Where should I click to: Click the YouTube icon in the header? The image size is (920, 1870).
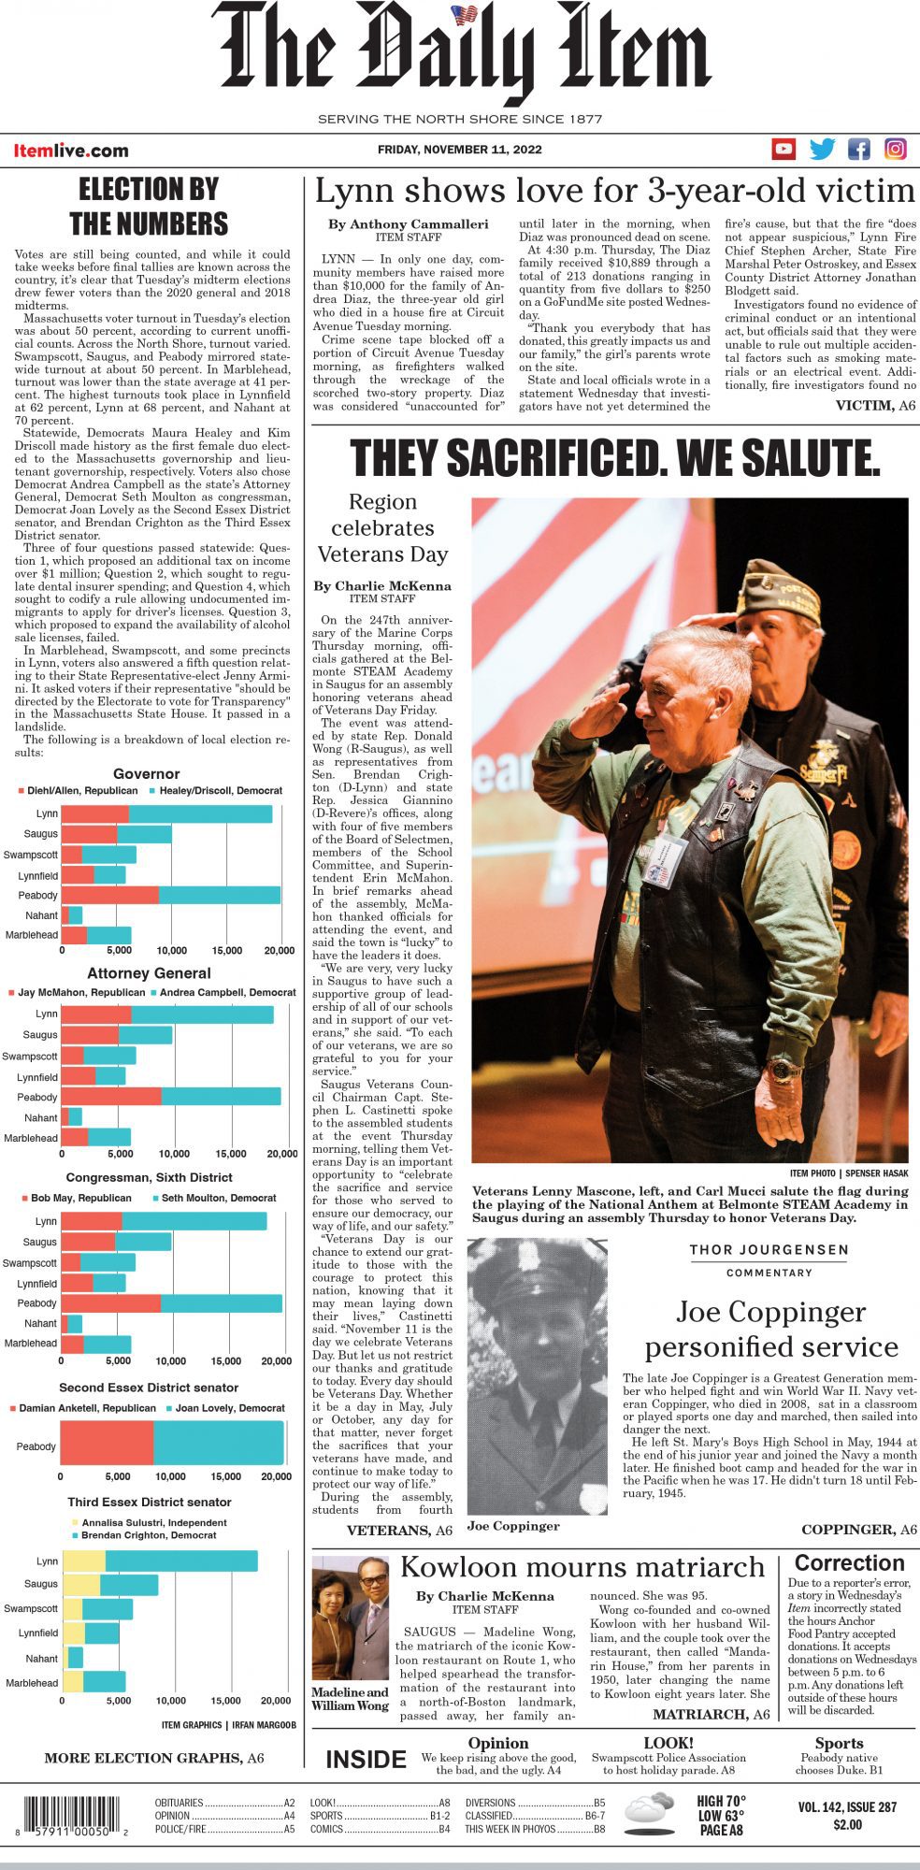pyautogui.click(x=783, y=149)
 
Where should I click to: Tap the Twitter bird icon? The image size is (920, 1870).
pyautogui.click(x=822, y=149)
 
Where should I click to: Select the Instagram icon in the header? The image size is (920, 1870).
pyautogui.click(x=896, y=149)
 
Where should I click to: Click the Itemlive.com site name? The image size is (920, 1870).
pyautogui.click(x=71, y=151)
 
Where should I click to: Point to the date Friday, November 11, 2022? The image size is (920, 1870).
pyautogui.click(x=459, y=150)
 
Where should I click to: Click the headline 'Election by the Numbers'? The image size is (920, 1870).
pyautogui.click(x=149, y=207)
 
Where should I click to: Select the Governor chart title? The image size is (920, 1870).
pyautogui.click(x=146, y=773)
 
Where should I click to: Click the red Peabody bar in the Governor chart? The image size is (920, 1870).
pyautogui.click(x=110, y=895)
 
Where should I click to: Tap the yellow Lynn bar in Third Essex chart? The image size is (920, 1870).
pyautogui.click(x=84, y=1561)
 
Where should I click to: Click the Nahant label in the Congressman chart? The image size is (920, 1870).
pyautogui.click(x=40, y=1323)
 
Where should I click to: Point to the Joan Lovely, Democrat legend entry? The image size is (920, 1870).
pyautogui.click(x=224, y=1407)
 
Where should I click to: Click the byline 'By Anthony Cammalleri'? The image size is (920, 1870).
pyautogui.click(x=408, y=224)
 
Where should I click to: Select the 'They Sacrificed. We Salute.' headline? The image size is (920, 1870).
pyautogui.click(x=615, y=457)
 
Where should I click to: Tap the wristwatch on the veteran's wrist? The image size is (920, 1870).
pyautogui.click(x=780, y=1068)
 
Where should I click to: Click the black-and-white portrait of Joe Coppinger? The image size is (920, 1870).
pyautogui.click(x=537, y=1374)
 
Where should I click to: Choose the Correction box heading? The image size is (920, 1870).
pyautogui.click(x=849, y=1562)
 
